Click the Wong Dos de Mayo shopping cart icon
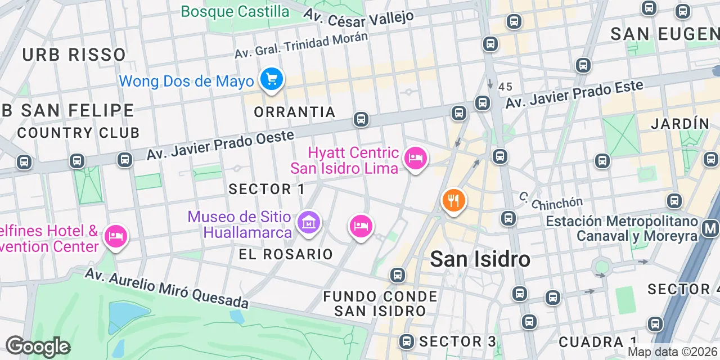click(272, 79)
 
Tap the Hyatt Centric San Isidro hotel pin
click(415, 158)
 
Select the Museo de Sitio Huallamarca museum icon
click(309, 223)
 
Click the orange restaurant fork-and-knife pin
click(453, 200)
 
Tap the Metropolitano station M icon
click(710, 228)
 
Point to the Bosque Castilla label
click(235, 11)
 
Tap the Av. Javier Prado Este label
click(574, 94)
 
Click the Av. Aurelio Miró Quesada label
click(166, 289)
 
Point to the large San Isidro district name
click(480, 259)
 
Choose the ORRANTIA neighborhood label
click(295, 112)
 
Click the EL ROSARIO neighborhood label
click(286, 254)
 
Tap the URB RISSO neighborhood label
click(74, 55)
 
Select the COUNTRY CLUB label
click(78, 133)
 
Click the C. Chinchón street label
click(551, 200)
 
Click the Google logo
click(37, 347)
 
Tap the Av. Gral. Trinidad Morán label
click(301, 45)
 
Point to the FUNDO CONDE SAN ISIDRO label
click(380, 303)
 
